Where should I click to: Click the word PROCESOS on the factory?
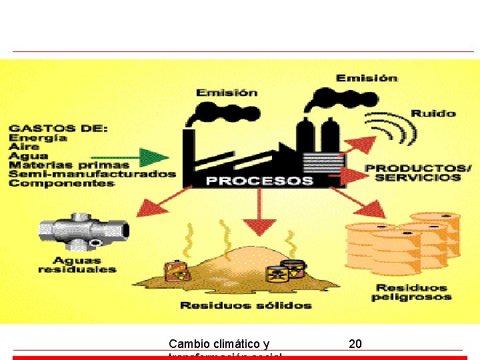tap(259, 180)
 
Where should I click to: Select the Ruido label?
tap(433, 113)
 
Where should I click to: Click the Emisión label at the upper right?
tap(367, 78)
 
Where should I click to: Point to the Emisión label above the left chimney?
tap(227, 93)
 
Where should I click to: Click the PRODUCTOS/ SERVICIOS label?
tap(418, 173)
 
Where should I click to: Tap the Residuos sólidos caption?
tap(245, 305)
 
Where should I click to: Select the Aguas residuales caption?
tap(77, 265)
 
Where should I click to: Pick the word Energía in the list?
tap(38, 137)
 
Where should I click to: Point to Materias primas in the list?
tap(69, 165)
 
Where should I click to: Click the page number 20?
tap(355, 344)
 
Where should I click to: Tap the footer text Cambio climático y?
tap(219, 344)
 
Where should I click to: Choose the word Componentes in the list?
tap(61, 183)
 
